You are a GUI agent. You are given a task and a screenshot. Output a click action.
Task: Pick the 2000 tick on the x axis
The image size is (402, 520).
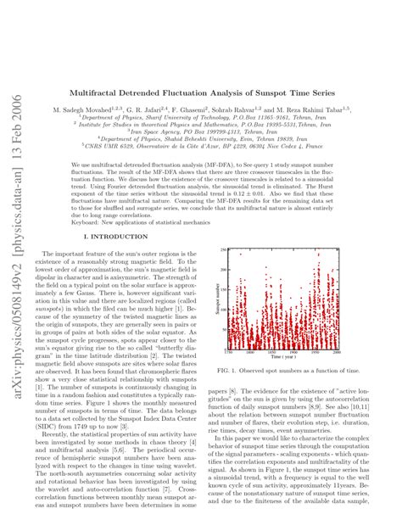(x=338, y=350)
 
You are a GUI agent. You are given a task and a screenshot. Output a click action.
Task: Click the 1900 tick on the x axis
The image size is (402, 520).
(x=295, y=350)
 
